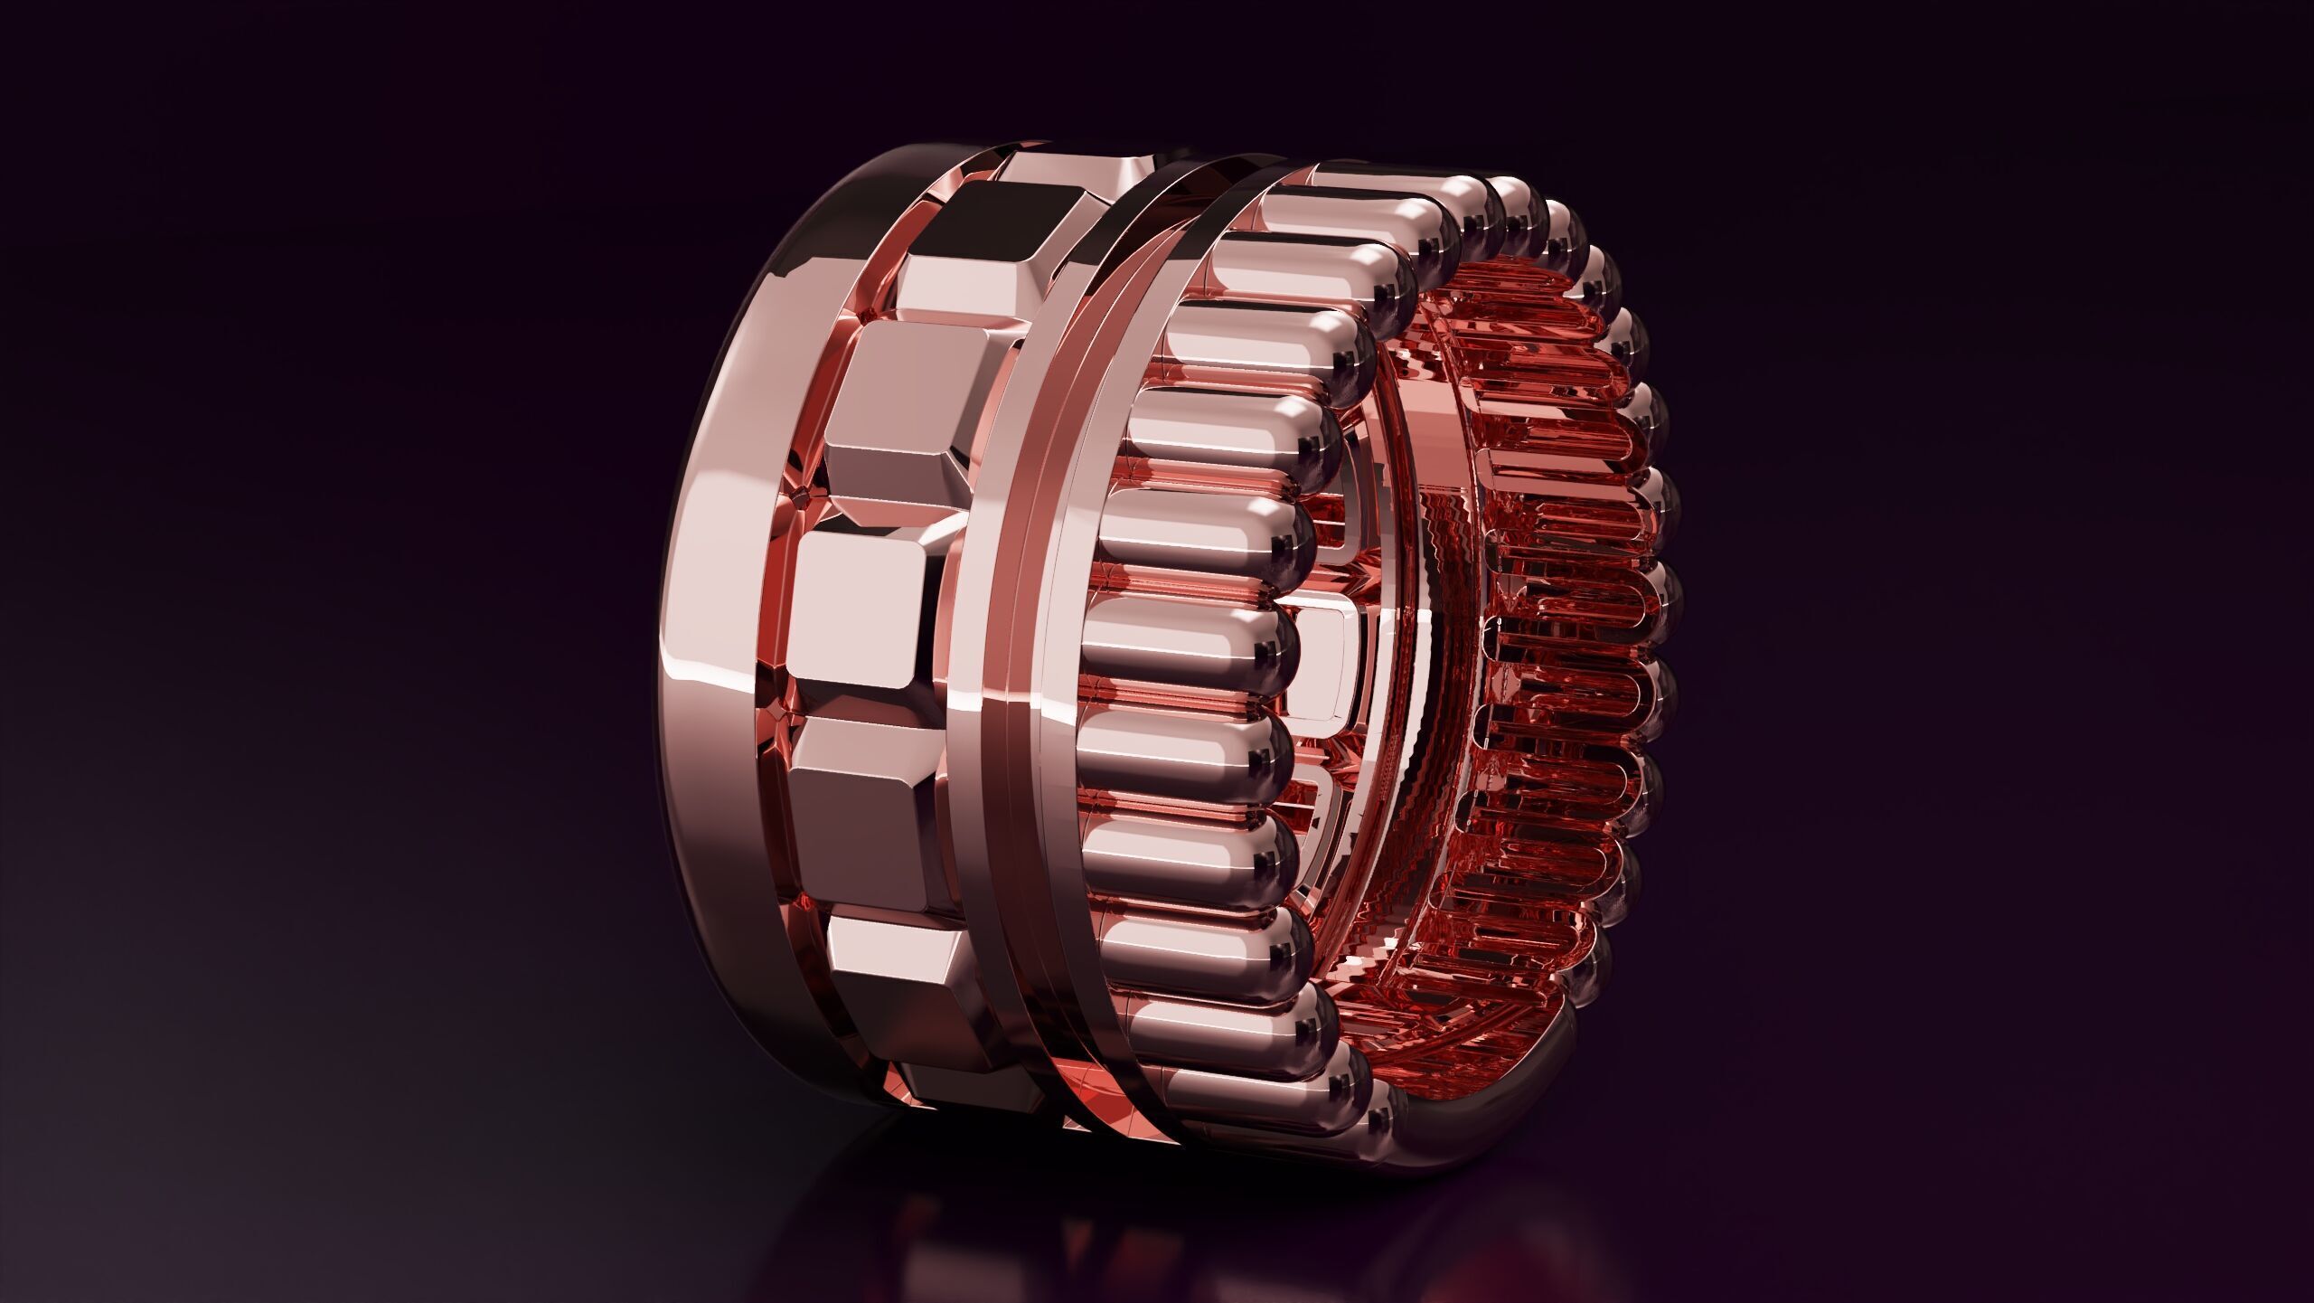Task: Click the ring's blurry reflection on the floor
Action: pyautogui.click(x=1130, y=1248)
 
